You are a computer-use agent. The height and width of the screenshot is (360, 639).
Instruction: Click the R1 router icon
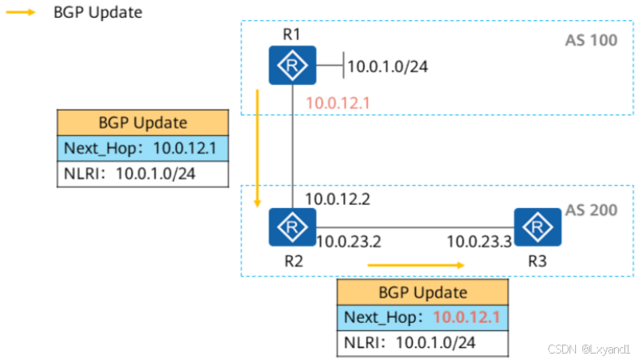(x=292, y=65)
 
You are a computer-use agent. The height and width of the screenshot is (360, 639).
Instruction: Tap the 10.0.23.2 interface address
(x=349, y=240)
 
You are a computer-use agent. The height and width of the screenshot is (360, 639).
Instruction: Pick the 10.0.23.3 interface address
(x=479, y=240)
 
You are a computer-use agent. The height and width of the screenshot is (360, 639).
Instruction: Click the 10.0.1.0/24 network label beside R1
(x=387, y=66)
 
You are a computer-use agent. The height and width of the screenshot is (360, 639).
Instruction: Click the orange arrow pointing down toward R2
(x=258, y=150)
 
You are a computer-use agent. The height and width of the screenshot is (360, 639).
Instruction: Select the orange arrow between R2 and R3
(x=416, y=264)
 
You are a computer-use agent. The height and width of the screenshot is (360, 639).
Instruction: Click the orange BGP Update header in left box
(x=142, y=123)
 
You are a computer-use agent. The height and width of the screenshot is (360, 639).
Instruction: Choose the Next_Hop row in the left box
(x=142, y=148)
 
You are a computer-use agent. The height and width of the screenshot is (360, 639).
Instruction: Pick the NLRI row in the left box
(x=142, y=172)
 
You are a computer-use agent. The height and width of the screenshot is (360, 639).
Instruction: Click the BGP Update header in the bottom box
(x=422, y=293)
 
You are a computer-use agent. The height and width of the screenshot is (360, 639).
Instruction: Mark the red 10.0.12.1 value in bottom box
(x=466, y=316)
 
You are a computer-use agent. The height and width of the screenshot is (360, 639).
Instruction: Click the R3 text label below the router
(x=537, y=261)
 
